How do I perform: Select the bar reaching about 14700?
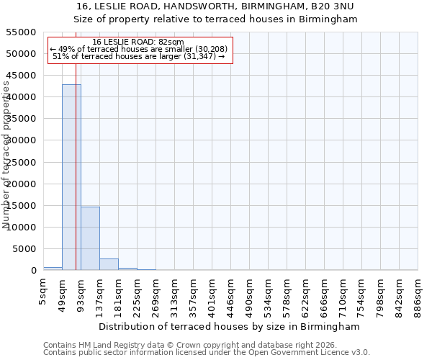(90, 238)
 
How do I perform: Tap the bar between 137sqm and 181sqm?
(109, 264)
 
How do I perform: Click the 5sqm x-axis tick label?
(44, 291)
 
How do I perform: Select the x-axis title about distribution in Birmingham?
(229, 326)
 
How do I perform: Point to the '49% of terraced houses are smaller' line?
(138, 49)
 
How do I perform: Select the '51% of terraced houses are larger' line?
(138, 56)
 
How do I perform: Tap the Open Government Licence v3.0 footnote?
(288, 352)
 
